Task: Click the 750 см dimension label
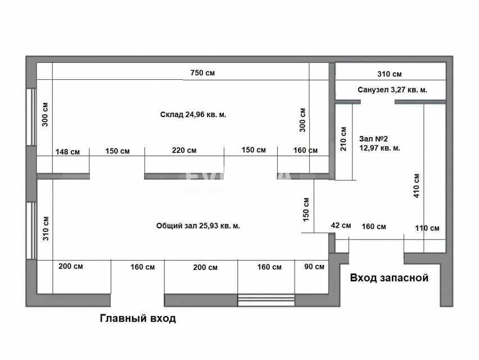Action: pos(202,73)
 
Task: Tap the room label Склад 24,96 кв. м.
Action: pos(193,115)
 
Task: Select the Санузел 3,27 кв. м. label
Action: pos(392,90)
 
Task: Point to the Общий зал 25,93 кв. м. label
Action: pos(198,226)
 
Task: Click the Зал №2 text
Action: pos(373,139)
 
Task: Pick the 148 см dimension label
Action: pos(67,151)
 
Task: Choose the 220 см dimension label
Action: pos(184,150)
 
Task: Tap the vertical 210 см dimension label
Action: pos(344,139)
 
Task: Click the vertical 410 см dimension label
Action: pos(417,186)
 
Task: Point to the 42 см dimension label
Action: pos(341,226)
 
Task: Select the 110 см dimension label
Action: pos(427,228)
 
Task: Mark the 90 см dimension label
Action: pos(314,267)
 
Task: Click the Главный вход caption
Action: pos(138,318)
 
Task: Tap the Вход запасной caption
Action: pos(389,278)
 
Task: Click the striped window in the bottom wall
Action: pos(266,300)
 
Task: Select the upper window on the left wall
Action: pos(31,117)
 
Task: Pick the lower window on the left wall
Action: pos(31,231)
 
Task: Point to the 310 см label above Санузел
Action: pos(390,74)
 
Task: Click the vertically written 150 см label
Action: pos(306,210)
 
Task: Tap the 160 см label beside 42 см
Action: pos(374,227)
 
